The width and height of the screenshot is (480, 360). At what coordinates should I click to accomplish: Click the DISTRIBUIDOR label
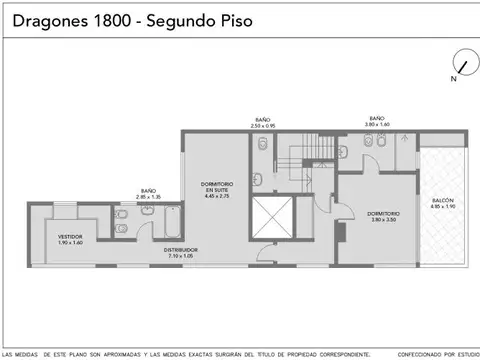point(182,250)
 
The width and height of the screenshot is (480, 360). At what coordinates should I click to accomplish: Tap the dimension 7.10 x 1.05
point(182,256)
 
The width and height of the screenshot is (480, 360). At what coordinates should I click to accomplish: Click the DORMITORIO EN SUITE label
point(218,187)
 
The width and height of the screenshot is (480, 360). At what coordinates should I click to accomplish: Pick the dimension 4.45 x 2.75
point(218,197)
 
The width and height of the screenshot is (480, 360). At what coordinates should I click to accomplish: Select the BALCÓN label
point(443,201)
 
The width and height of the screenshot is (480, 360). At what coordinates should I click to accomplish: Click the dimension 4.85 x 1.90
point(443,207)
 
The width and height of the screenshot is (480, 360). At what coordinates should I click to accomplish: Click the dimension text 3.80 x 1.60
point(377,125)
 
